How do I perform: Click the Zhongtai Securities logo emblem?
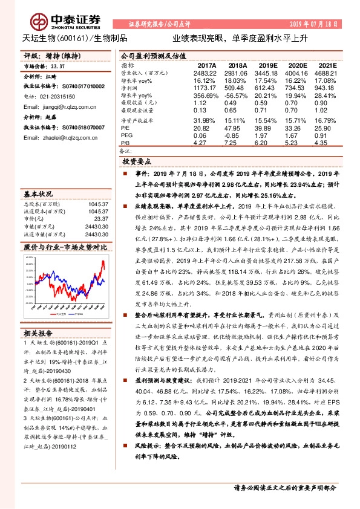tap(41, 22)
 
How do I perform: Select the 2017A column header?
tap(207, 65)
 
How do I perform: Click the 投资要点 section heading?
tap(138, 163)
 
